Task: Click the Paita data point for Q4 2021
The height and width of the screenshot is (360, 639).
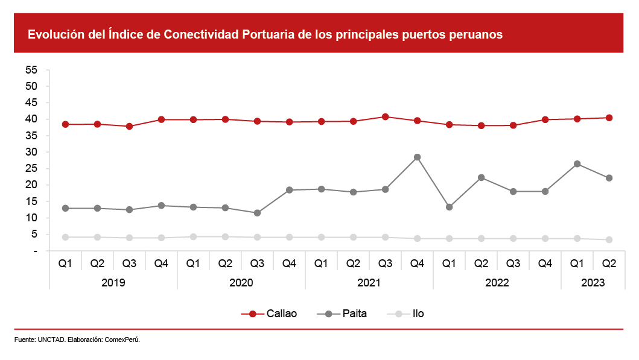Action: [417, 157]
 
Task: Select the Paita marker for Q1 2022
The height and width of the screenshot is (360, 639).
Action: [449, 207]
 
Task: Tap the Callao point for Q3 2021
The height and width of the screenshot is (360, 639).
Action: [385, 116]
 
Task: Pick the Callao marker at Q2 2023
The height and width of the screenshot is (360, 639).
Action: [609, 118]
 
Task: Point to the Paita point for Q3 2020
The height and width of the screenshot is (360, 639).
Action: [257, 213]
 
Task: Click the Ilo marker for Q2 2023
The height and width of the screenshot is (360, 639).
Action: [609, 239]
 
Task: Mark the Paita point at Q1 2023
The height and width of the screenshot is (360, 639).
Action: [577, 164]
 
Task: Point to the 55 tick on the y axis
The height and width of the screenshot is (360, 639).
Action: [32, 70]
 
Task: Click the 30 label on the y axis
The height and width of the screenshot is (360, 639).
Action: [32, 152]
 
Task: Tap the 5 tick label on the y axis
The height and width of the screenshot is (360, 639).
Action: [34, 234]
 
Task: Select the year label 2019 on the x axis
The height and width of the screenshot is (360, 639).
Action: [113, 282]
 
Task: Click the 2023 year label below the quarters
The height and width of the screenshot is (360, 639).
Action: [593, 282]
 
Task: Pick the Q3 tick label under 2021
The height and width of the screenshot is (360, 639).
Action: [385, 264]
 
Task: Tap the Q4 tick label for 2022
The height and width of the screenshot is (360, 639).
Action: [545, 264]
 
